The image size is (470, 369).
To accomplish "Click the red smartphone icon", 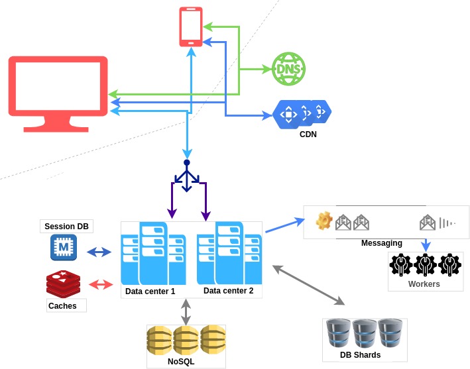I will click(191, 27).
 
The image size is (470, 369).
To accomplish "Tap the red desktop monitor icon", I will click(58, 93).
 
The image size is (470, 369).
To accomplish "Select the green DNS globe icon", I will click(288, 69).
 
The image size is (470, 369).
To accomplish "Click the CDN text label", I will click(308, 134).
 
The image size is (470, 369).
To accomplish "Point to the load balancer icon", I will click(187, 176).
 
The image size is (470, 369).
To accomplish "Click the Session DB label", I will click(66, 227).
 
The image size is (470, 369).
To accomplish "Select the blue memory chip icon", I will click(64, 248).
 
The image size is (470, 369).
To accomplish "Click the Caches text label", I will click(62, 306).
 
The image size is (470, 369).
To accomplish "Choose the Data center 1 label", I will click(150, 291).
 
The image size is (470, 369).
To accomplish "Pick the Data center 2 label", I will click(228, 290).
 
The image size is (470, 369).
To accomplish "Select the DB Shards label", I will click(360, 355).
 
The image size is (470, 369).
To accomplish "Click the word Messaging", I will click(381, 243).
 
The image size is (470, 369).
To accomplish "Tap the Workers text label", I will click(424, 284).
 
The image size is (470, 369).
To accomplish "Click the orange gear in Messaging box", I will click(323, 221).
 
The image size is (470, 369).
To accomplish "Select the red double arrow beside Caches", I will click(101, 284).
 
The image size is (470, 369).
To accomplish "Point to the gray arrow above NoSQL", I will click(186, 311).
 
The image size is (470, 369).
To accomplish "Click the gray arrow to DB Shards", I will click(309, 285).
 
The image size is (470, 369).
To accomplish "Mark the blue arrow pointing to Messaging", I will click(284, 225).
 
